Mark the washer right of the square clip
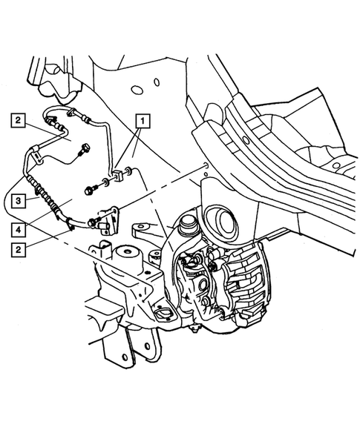tap(131, 173)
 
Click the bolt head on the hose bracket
tap(91, 222)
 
